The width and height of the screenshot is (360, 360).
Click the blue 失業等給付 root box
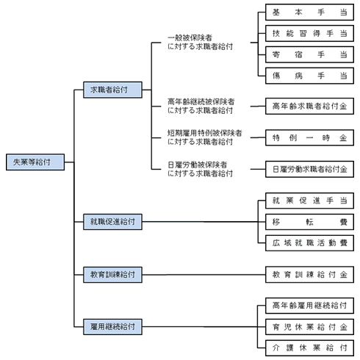[35, 162]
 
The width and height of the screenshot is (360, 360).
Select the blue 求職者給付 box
[112, 90]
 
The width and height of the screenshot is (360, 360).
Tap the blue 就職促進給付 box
[112, 222]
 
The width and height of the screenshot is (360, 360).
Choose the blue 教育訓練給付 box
[112, 275]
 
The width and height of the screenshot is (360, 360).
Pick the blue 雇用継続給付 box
[112, 327]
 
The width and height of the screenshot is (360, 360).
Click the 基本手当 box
[309, 12]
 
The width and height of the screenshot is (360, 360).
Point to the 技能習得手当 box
[309, 33]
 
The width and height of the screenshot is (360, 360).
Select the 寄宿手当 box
[309, 54]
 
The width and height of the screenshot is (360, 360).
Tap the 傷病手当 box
[309, 76]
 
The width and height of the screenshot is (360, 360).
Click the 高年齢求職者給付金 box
[309, 106]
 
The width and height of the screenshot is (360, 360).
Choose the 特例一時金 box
[309, 137]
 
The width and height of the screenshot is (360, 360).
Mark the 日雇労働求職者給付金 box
[309, 169]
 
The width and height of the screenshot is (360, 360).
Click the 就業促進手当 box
[309, 201]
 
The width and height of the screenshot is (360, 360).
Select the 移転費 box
[309, 222]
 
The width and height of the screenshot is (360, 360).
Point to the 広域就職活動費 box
[309, 243]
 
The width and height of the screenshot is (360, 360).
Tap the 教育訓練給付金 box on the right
[309, 275]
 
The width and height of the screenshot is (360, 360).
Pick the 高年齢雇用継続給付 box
[309, 306]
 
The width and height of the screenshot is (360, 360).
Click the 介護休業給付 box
[309, 348]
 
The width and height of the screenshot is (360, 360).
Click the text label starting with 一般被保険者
[200, 43]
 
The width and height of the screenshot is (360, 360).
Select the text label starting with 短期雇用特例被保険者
[205, 137]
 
